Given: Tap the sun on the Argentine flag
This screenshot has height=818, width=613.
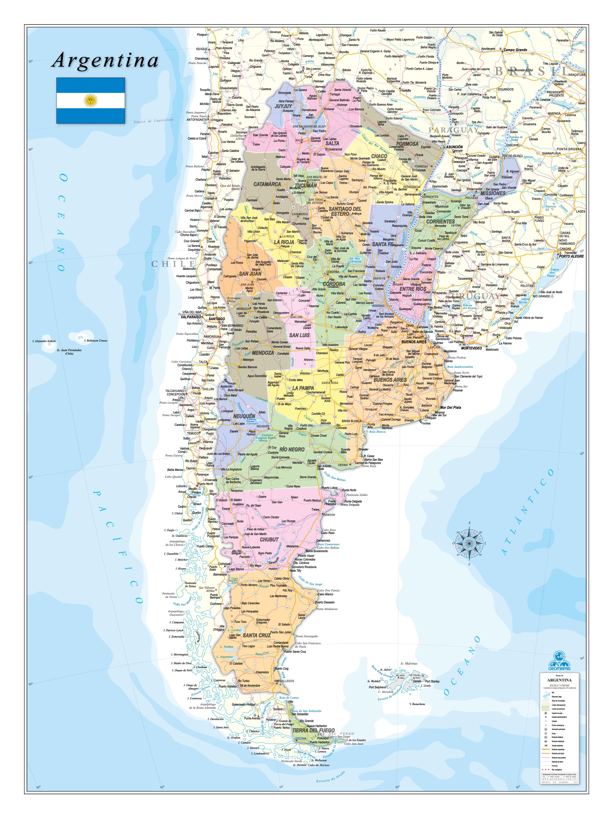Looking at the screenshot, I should [91, 100].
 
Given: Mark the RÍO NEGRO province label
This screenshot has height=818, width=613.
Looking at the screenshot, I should [292, 449].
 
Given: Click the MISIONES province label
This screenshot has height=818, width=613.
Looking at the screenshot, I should [493, 193].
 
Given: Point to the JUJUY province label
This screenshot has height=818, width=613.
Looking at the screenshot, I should [283, 106].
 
